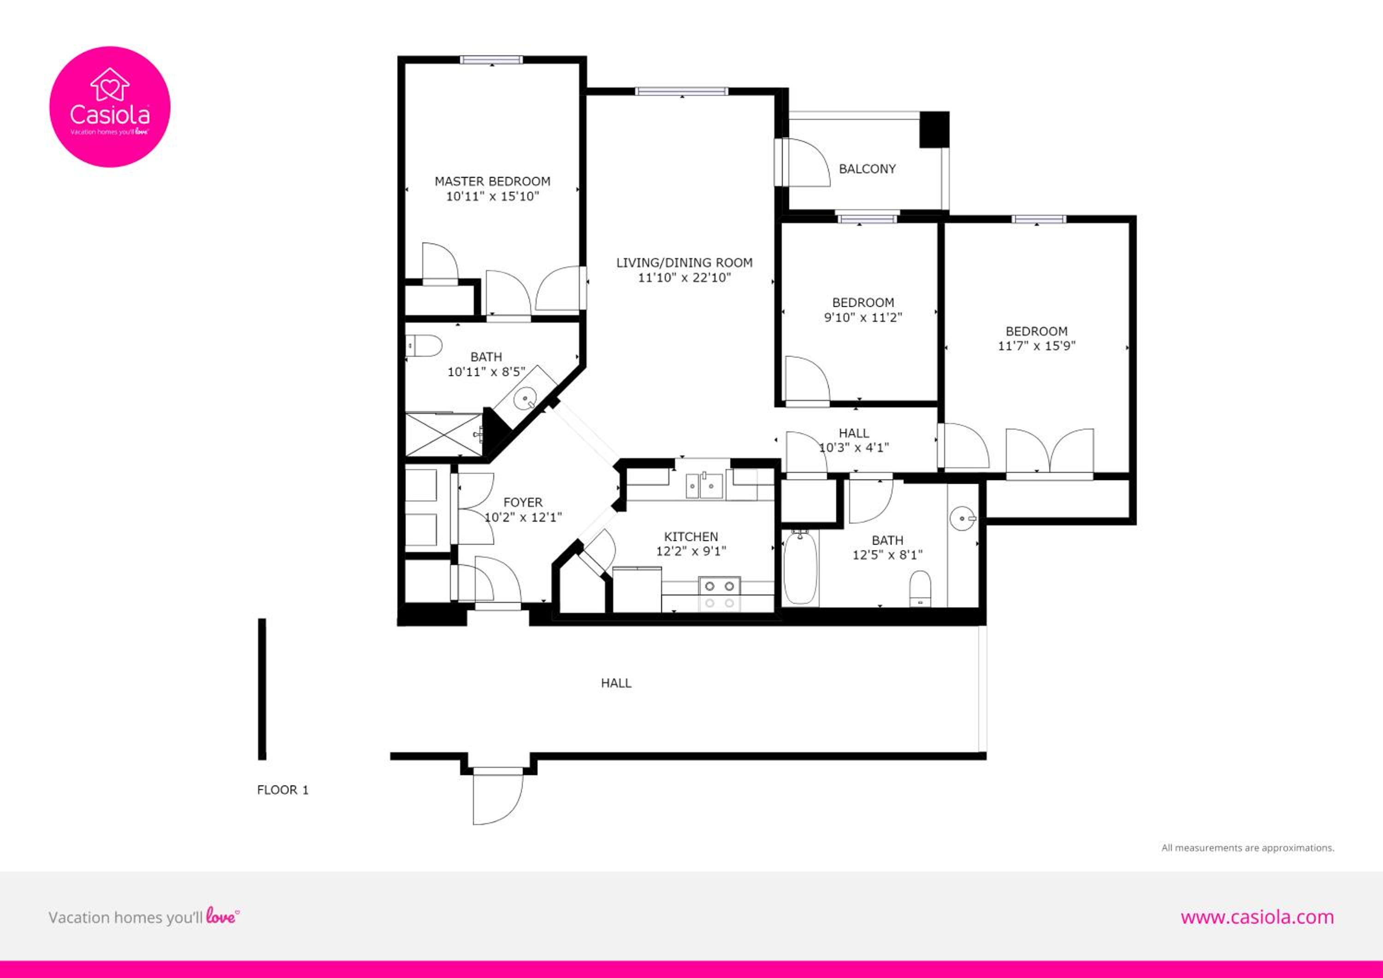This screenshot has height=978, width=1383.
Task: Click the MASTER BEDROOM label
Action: point(492,181)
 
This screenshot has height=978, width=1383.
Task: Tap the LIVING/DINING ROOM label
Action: point(684,263)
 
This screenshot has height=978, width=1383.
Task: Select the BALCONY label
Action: point(868,169)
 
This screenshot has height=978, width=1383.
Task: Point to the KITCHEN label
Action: point(691,536)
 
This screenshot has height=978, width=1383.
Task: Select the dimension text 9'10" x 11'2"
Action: point(863,318)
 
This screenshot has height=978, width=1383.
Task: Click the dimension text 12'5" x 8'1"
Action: point(887,554)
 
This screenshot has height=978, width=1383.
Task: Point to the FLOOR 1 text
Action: point(283,790)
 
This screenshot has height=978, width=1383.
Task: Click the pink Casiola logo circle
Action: point(110,106)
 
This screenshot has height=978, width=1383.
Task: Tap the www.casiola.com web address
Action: point(1257,917)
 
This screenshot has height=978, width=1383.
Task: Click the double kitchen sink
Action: point(704,485)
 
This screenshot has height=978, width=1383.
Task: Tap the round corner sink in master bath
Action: point(526,399)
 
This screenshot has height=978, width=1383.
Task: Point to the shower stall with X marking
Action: point(444,434)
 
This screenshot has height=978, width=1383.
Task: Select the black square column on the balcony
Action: point(934,130)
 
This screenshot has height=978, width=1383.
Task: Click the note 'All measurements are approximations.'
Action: point(1247,847)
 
